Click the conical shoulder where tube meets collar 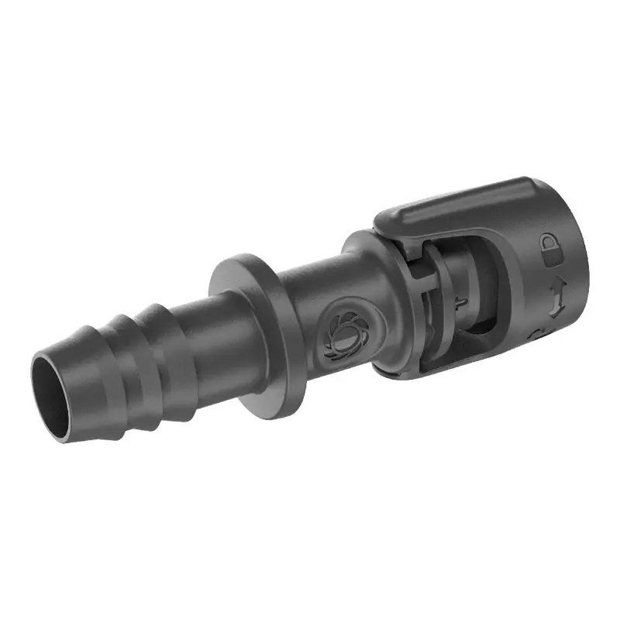[x=364, y=263]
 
